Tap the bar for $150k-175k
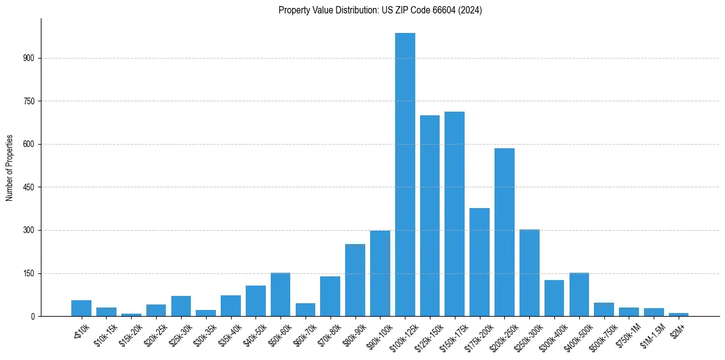point(454,214)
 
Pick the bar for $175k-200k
point(479,262)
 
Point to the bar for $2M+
point(679,314)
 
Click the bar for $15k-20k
point(131,315)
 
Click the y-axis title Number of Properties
point(9,168)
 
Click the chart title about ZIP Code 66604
point(380,10)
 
